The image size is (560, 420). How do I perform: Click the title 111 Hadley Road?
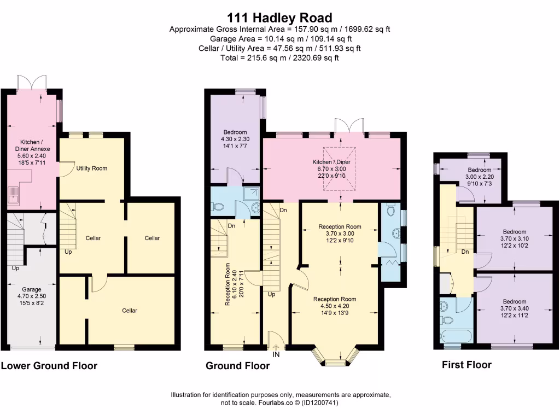279,18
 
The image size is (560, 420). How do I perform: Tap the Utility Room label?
92,168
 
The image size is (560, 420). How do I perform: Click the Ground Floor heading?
237,366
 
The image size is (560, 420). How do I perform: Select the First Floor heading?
466,365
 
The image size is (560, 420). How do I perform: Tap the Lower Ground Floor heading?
49,366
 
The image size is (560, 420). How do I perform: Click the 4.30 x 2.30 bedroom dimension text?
236,139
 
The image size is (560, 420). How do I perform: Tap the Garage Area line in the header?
281,39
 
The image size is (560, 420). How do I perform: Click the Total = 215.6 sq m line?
279,57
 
